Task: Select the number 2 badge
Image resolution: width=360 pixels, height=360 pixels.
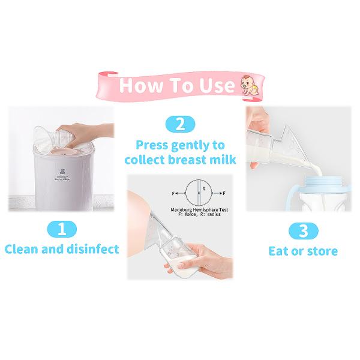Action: coord(179,125)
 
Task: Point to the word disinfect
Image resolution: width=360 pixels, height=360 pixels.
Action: coord(93,248)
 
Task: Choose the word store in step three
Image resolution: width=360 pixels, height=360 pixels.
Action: coord(320,251)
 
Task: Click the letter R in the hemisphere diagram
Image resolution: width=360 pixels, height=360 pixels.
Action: coord(205,188)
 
